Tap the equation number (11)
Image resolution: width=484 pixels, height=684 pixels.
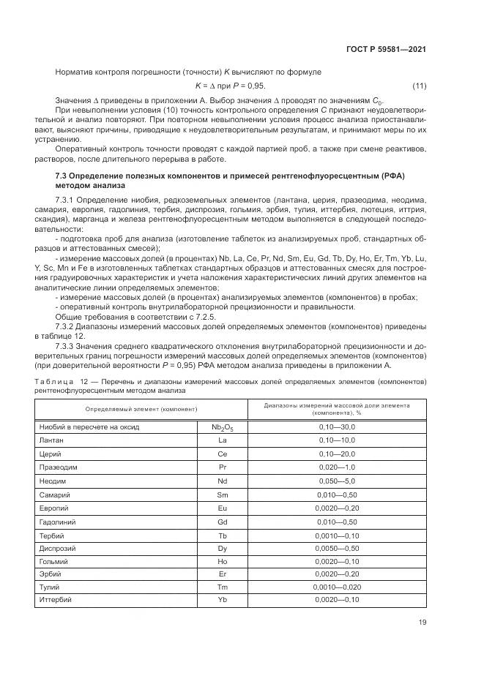click(x=420, y=86)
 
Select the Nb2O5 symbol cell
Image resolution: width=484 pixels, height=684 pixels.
click(x=223, y=426)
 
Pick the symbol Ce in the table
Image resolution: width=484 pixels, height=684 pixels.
click(x=223, y=453)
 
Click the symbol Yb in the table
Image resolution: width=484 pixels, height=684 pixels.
click(x=223, y=600)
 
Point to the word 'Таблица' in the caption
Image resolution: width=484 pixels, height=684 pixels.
click(x=52, y=381)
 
